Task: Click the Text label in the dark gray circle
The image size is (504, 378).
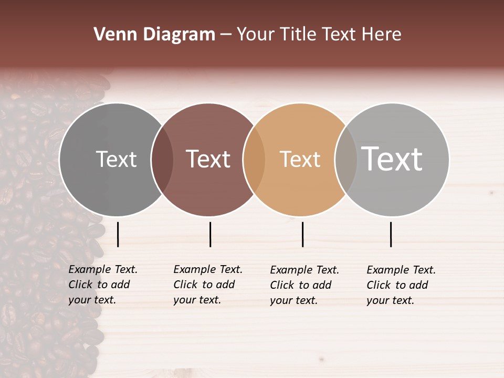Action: point(116,159)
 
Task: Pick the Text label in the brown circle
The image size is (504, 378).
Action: point(208,159)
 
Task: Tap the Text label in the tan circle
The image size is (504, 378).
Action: point(300,159)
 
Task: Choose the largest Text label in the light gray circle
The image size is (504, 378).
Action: point(392,159)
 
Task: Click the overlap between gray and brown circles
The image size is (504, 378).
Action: point(162,159)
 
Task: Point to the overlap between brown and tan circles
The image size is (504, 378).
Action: point(254,159)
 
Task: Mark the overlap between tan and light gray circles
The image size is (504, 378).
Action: point(346,159)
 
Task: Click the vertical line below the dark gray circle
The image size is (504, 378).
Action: point(118,234)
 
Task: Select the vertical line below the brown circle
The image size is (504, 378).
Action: point(210,234)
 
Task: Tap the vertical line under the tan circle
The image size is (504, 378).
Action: point(302,234)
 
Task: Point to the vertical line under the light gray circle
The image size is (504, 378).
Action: point(391,234)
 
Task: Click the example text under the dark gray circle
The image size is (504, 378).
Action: point(102,285)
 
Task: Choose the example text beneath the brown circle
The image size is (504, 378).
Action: point(207,285)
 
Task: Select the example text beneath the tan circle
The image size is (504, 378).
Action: point(304,285)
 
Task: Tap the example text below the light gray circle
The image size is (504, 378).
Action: point(401,285)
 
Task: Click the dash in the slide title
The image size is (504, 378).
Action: point(226,35)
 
